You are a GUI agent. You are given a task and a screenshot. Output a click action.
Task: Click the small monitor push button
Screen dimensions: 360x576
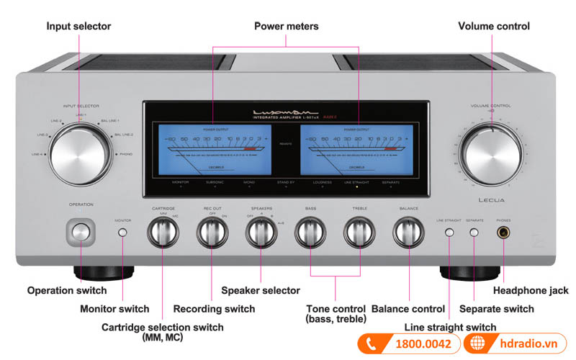coord(122,233)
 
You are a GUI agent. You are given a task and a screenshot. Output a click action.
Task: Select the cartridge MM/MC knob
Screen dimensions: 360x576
coord(163,233)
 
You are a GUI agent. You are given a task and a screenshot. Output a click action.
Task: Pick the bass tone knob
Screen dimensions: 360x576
coord(310,233)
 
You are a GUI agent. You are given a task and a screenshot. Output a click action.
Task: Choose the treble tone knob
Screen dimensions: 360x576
coord(359,233)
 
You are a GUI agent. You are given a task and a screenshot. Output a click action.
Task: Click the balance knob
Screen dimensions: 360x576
coord(408,233)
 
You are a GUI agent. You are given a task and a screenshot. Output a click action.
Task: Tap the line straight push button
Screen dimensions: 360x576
coord(449,233)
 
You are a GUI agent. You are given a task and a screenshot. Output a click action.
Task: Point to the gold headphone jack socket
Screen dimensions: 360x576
coord(503,233)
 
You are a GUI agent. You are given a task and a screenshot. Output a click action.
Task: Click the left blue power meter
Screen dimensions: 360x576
coord(217,149)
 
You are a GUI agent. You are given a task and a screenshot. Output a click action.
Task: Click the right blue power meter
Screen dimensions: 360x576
coord(353,149)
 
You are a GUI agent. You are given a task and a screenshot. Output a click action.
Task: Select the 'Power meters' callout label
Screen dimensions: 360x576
coord(286,27)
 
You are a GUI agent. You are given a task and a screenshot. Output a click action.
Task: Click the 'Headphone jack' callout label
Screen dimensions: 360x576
coord(530,291)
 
